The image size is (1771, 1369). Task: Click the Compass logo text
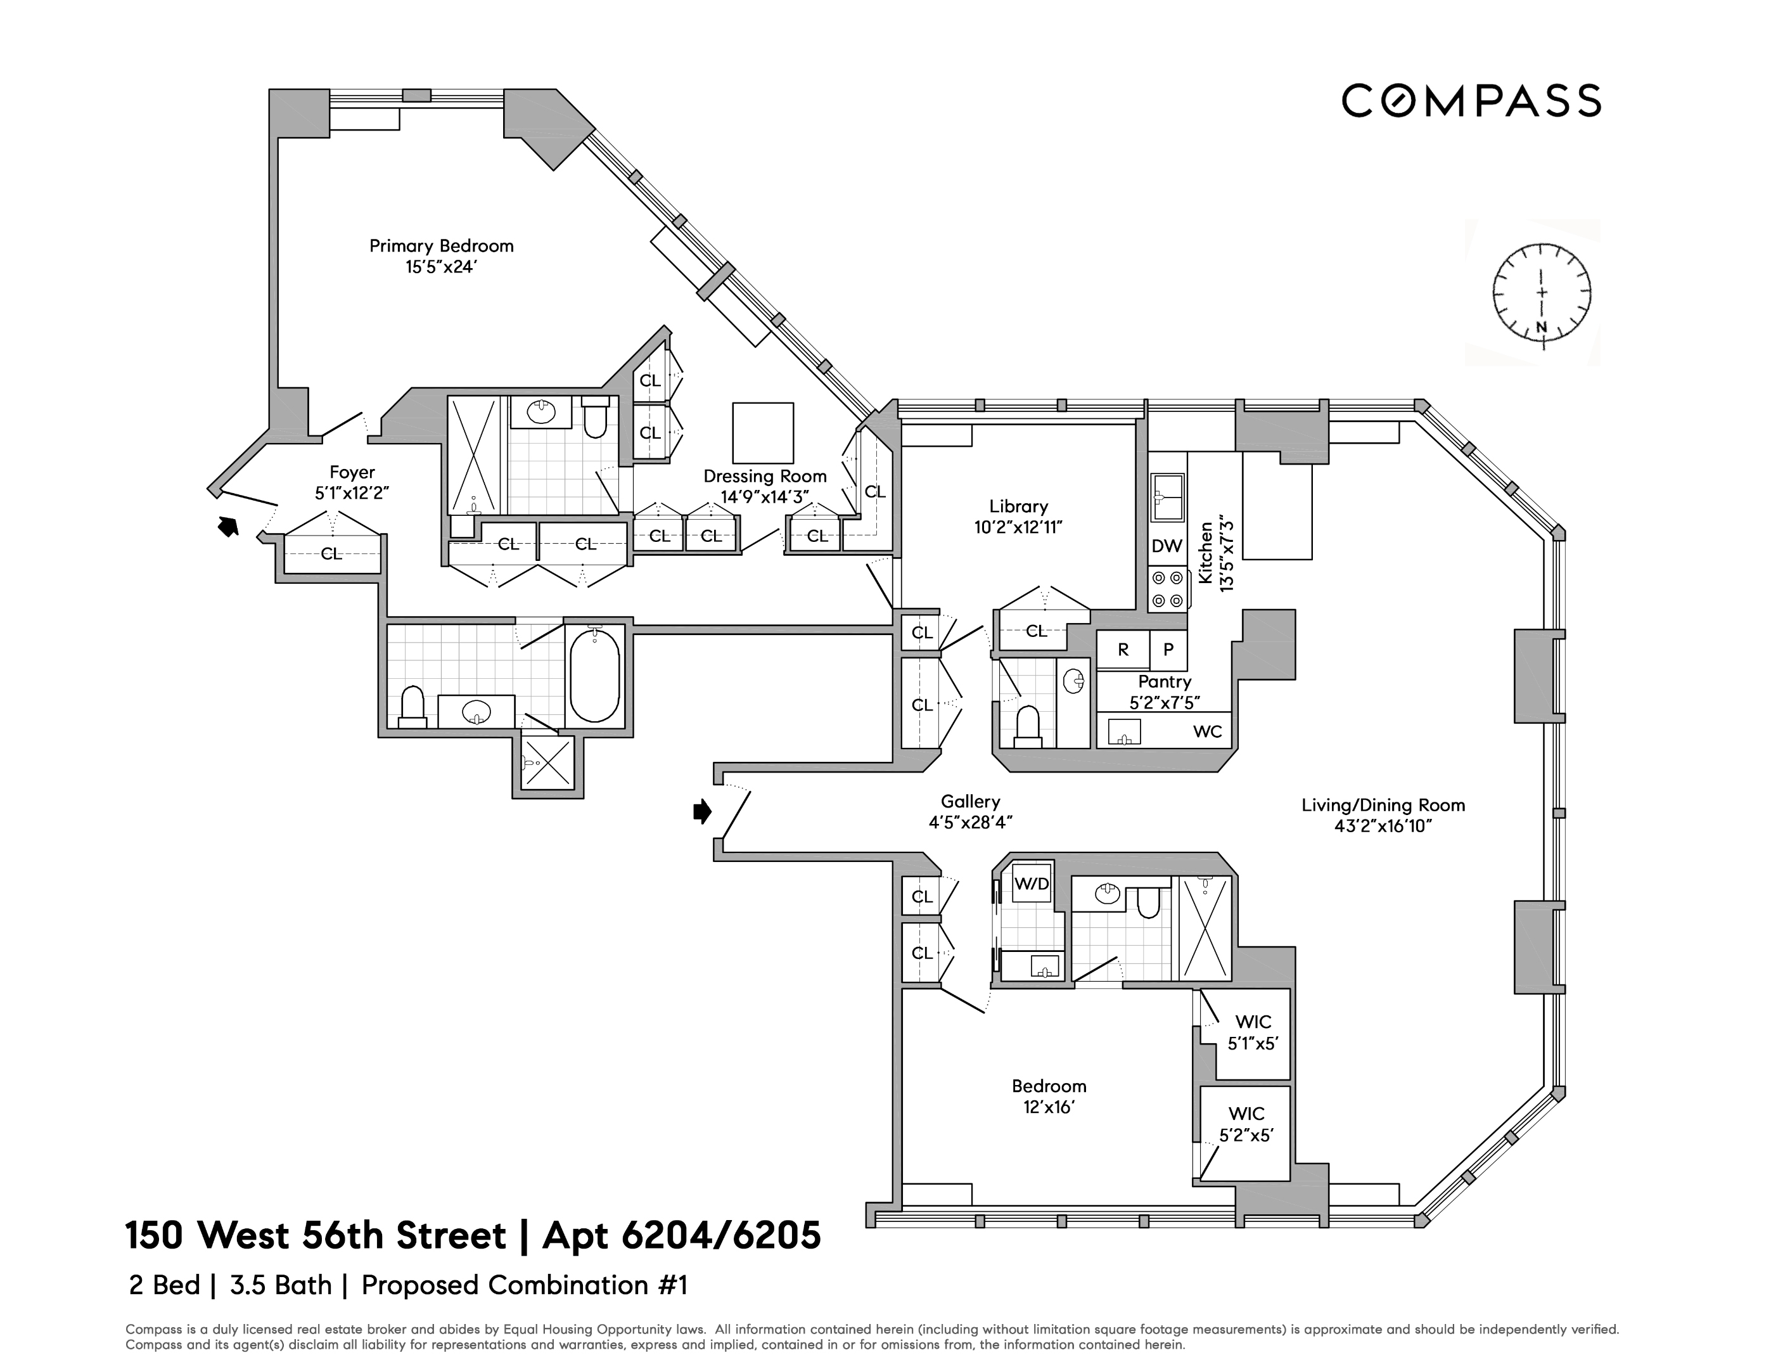click(x=1470, y=101)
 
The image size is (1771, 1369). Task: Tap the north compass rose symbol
click(x=1542, y=293)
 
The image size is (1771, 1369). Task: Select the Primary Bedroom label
click(x=441, y=246)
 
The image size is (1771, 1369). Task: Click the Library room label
click(x=1018, y=506)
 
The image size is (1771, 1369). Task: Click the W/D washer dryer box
click(x=1032, y=884)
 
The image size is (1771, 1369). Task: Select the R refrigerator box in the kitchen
click(x=1122, y=650)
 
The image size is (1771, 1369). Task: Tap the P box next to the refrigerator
click(x=1168, y=650)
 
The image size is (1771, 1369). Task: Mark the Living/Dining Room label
click(x=1383, y=806)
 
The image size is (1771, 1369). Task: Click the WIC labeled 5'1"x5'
click(x=1252, y=1032)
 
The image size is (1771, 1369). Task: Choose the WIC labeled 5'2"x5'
click(x=1246, y=1124)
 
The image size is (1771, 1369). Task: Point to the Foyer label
click(x=352, y=472)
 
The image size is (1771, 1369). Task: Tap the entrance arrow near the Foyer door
click(x=229, y=527)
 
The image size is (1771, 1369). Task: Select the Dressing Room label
click(x=764, y=476)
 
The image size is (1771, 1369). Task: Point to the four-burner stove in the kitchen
click(x=1167, y=589)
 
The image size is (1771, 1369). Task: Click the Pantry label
click(x=1165, y=681)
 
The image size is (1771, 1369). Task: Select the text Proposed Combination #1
click(x=524, y=1285)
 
